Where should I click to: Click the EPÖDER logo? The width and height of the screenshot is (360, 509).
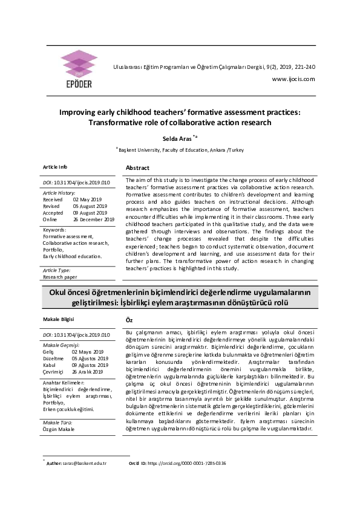[79, 67]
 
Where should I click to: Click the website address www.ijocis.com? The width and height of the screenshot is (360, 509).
[293, 79]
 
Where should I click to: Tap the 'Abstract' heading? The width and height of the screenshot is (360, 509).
[137, 167]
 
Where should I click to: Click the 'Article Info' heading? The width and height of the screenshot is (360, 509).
[55, 166]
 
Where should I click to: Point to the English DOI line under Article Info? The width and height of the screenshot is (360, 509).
[76, 181]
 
